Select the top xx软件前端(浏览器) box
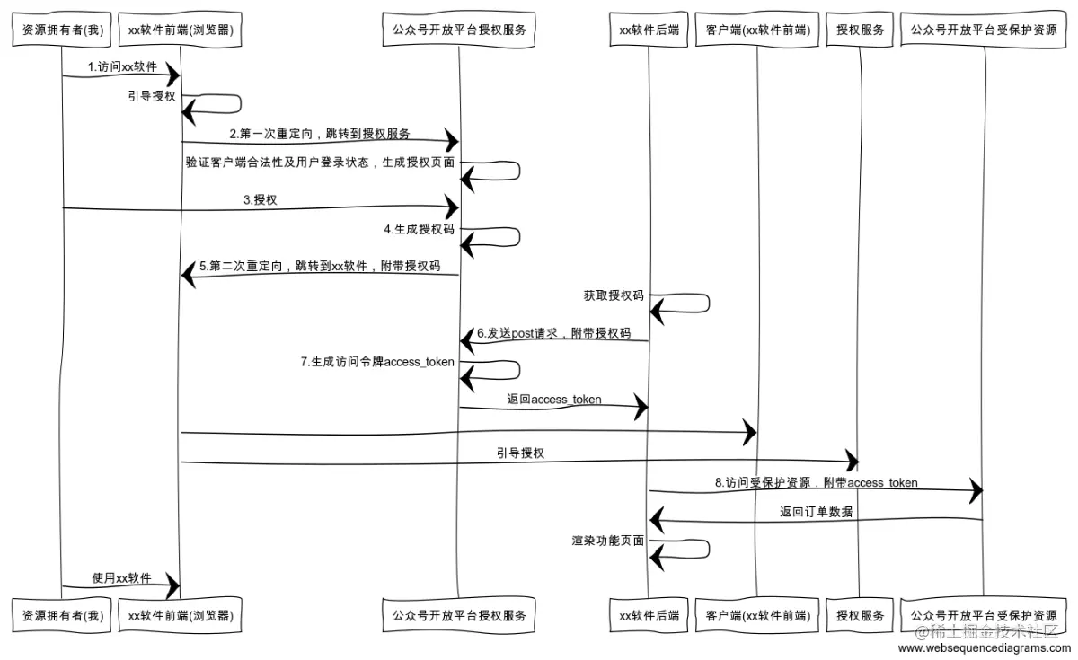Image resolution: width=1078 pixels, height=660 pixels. point(181,30)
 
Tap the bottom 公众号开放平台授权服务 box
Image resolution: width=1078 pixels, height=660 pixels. point(458,616)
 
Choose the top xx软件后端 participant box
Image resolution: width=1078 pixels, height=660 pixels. point(649,30)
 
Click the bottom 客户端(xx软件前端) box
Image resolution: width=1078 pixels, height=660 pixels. point(757,616)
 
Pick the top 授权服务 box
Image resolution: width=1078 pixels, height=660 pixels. point(860,30)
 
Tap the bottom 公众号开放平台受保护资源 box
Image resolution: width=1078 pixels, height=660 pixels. point(984,616)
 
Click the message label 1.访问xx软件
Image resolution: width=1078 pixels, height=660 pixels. point(122,67)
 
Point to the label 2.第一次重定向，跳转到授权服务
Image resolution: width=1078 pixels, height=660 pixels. point(320,134)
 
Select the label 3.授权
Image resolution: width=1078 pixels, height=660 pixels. point(261,200)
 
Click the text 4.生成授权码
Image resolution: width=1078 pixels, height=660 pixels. point(419,229)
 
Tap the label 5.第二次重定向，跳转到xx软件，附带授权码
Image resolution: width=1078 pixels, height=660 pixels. point(320,267)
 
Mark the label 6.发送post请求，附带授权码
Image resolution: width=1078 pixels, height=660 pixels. point(553,333)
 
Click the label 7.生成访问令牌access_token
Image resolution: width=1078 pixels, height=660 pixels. point(377,362)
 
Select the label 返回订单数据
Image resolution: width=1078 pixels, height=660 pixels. point(816,512)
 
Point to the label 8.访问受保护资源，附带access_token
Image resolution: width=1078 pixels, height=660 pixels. point(816,483)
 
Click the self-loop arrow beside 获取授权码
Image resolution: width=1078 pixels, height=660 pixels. point(687,304)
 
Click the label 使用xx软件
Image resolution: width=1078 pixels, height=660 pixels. point(122,578)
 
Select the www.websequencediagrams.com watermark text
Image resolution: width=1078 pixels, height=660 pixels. point(984,647)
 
